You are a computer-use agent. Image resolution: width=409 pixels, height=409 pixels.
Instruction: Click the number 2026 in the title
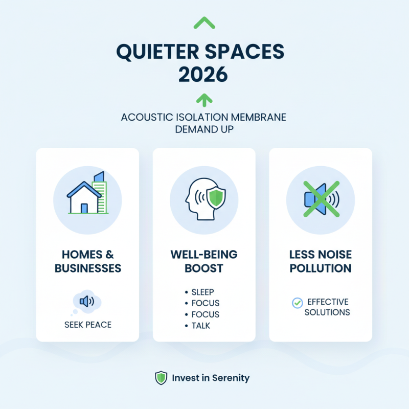point(204,75)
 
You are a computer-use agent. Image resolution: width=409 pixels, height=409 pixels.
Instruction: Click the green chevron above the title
point(204,22)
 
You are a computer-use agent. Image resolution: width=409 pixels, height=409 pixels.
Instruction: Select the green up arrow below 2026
point(204,99)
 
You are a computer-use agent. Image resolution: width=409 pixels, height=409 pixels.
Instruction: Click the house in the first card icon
point(83,199)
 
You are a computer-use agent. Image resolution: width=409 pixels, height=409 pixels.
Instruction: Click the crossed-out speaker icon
point(320,199)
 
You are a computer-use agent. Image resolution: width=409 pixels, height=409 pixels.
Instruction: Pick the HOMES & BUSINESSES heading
point(87,261)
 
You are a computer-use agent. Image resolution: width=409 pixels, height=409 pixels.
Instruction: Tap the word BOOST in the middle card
point(204,268)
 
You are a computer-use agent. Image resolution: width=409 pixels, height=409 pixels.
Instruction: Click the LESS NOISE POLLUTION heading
point(321,261)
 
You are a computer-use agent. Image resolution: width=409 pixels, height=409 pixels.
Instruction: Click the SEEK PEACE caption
point(87,325)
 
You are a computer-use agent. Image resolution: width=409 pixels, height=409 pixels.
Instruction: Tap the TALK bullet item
point(200,326)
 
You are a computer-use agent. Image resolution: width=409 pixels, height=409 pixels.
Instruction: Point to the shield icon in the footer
point(161,378)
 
